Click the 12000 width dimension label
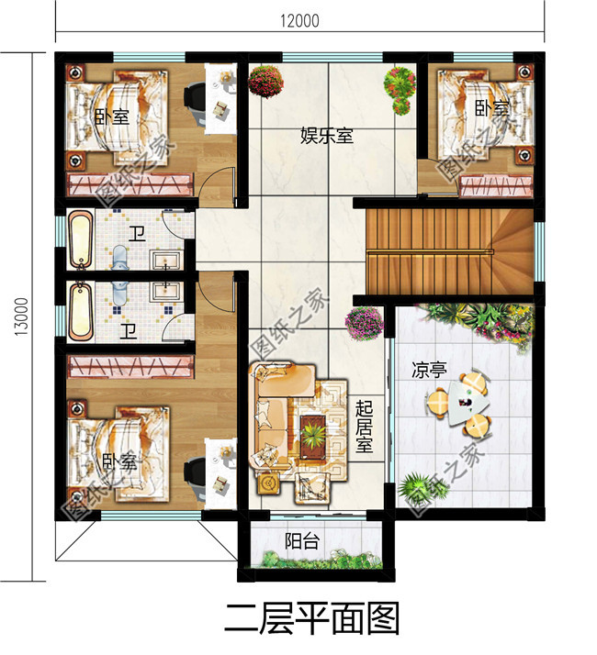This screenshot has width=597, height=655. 299,20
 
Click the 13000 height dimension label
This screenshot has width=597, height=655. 21,316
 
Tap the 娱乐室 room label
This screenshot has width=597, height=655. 326,136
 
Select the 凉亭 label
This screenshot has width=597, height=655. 429,370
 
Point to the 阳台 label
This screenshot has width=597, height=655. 302,541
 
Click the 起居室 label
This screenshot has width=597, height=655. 364,427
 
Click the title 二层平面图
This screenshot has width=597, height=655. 311,618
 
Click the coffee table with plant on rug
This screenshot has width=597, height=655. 313,436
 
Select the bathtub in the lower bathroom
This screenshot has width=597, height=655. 80,312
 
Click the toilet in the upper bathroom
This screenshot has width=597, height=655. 120,258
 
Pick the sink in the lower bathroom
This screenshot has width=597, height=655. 166,290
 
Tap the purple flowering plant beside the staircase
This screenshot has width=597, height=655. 364,323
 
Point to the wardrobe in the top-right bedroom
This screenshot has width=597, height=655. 497,186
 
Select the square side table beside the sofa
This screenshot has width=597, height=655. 268,483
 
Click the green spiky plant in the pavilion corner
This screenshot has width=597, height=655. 413,486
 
